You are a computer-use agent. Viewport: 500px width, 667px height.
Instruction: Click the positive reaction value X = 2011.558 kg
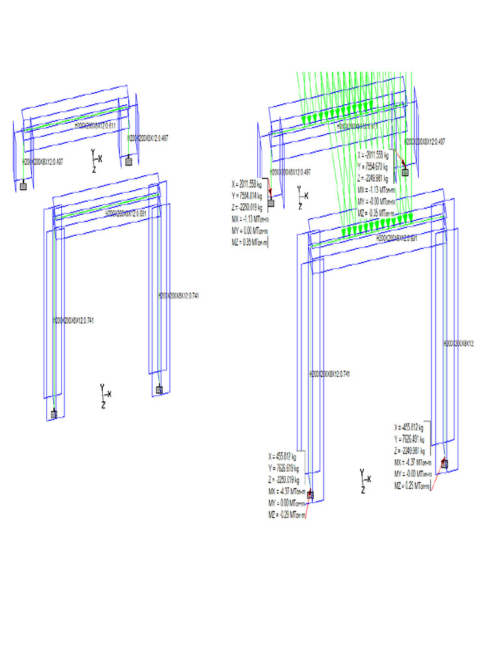246,183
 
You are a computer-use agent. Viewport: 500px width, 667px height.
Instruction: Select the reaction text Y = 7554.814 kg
246,195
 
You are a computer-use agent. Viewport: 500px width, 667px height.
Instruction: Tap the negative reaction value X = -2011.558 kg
374,155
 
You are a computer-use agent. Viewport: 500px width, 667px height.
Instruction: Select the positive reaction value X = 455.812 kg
283,456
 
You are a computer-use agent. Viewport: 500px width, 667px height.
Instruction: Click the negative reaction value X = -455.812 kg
410,427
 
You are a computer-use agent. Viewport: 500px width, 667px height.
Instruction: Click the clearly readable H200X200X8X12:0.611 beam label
96,124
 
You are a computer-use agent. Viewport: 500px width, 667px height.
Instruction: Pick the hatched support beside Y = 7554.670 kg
405,172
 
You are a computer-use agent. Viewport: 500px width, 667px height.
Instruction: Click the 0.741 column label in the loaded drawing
330,374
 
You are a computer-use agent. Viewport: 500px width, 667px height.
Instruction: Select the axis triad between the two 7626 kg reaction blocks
365,481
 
